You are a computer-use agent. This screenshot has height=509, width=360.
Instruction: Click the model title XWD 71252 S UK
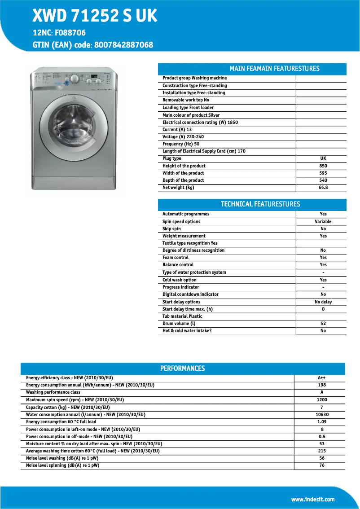click(x=95, y=16)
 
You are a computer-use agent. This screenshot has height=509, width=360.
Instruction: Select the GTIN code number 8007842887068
click(x=123, y=45)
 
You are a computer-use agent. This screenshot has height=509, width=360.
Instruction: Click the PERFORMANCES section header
click(x=182, y=369)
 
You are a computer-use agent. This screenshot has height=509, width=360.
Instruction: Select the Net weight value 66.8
click(x=323, y=188)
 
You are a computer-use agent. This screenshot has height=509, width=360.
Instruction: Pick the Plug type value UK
click(x=323, y=158)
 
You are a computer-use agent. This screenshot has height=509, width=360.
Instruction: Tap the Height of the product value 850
click(x=323, y=166)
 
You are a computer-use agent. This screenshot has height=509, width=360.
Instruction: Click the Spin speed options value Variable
click(x=323, y=222)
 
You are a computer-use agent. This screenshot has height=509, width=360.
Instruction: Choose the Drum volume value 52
click(x=323, y=324)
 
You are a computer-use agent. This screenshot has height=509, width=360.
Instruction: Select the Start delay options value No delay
click(x=323, y=302)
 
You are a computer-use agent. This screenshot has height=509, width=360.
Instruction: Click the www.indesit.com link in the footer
click(x=312, y=499)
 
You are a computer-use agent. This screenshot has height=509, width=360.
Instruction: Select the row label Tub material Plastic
click(x=182, y=316)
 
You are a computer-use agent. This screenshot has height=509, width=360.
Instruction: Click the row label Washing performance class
click(x=53, y=392)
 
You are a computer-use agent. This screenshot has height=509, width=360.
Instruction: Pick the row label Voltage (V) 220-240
click(x=183, y=137)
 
